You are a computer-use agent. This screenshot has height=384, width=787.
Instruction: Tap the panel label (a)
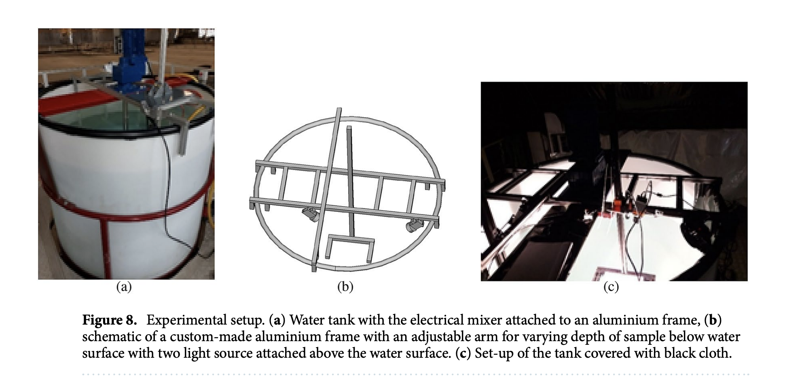click(124, 287)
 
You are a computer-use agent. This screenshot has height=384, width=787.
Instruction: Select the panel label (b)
click(345, 287)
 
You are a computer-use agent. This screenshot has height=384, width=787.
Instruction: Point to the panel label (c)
click(611, 287)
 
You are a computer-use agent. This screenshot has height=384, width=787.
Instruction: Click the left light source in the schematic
click(311, 214)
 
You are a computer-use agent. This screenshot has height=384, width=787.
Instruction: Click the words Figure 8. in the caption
click(110, 320)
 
